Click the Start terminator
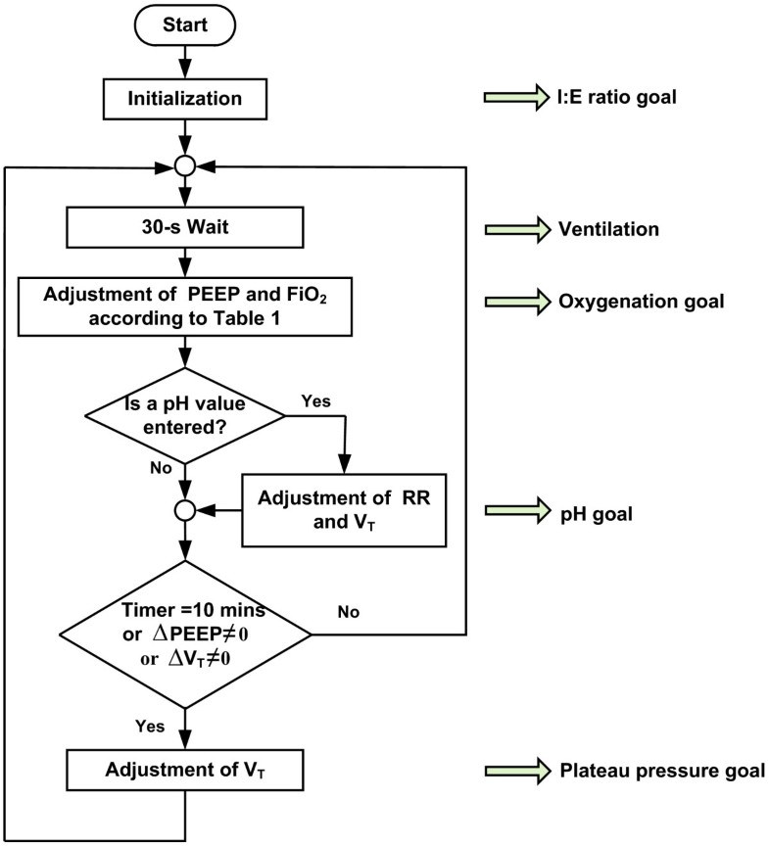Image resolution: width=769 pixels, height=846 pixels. [x=185, y=24]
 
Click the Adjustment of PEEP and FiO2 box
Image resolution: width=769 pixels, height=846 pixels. [x=185, y=303]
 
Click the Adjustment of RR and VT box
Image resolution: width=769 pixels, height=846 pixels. [x=343, y=509]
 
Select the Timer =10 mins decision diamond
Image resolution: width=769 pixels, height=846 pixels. [x=185, y=634]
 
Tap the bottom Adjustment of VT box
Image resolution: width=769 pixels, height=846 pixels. [x=185, y=770]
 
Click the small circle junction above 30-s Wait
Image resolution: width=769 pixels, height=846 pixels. [x=185, y=164]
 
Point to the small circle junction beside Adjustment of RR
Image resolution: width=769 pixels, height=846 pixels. [x=185, y=509]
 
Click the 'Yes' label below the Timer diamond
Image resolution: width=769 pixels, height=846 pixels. [x=149, y=726]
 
